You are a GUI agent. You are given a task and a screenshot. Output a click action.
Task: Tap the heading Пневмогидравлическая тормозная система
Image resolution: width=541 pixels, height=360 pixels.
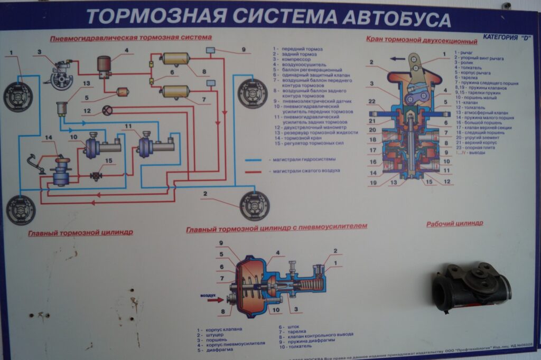coord(130,38)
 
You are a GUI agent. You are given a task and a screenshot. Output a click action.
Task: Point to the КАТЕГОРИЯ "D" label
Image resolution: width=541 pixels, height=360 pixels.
coord(506,38)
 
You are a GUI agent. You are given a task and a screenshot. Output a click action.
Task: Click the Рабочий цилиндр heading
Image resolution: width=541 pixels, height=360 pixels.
coord(454,223)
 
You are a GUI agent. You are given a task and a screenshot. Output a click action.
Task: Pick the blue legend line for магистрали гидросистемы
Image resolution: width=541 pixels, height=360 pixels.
coord(254,159)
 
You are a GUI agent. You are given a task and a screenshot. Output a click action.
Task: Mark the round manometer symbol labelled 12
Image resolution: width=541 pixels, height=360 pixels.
coord(107,110)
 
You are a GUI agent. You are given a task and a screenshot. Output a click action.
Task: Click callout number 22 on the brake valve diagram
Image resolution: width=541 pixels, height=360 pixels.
coord(371,101)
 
